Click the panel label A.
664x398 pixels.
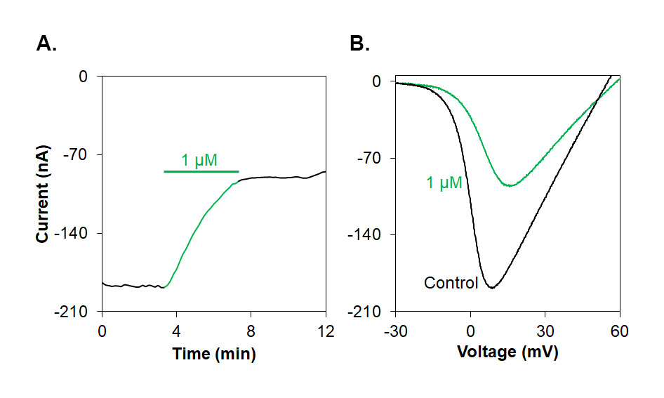point(46,44)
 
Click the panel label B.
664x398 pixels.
point(359,44)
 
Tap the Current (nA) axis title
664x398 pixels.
point(43,194)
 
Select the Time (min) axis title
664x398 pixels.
point(214,354)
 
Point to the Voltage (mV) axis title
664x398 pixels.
point(507,352)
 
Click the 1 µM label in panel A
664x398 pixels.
point(199,161)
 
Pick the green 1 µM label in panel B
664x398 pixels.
point(444,183)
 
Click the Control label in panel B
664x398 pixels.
point(451,284)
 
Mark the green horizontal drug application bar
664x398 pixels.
point(201,171)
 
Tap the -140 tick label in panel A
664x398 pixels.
point(81,233)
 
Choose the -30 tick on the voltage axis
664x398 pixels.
point(396,330)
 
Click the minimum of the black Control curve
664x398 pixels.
point(491,288)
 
